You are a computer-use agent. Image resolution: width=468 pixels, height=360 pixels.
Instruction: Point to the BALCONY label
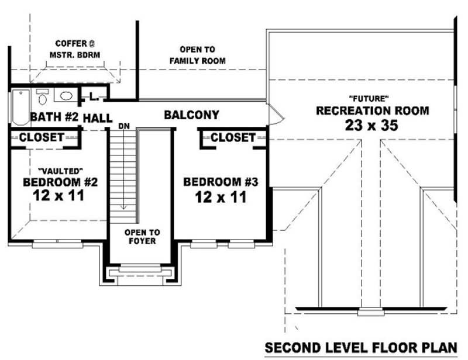click(191, 115)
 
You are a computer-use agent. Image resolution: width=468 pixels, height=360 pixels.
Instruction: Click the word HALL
click(97, 118)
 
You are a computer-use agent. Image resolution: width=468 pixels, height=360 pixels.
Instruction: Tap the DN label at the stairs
click(123, 126)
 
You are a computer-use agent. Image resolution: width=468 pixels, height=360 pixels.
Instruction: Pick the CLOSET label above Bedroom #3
click(233, 137)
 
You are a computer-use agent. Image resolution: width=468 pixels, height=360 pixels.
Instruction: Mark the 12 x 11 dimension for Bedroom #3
click(221, 197)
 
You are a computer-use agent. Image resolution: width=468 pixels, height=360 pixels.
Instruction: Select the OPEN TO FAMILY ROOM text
click(198, 56)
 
